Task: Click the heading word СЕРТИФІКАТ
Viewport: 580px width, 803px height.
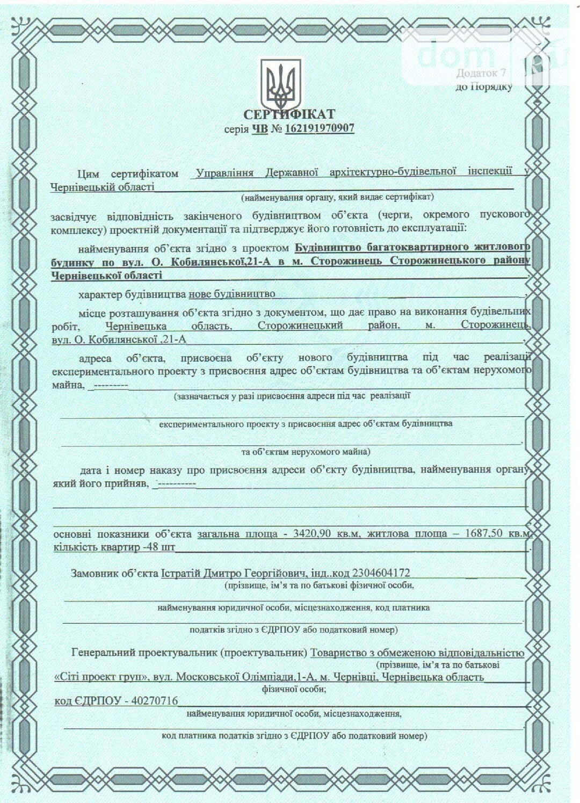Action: pyautogui.click(x=289, y=114)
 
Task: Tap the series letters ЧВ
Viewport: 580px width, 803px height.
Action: pyautogui.click(x=259, y=129)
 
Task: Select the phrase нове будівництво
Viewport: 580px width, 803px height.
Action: pyautogui.click(x=231, y=294)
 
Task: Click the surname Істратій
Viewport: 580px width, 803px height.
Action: pyautogui.click(x=180, y=573)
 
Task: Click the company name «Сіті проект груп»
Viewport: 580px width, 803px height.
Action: pyautogui.click(x=102, y=677)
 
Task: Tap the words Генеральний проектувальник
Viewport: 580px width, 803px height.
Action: pyautogui.click(x=143, y=653)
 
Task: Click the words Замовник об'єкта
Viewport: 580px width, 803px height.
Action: pyautogui.click(x=114, y=573)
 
